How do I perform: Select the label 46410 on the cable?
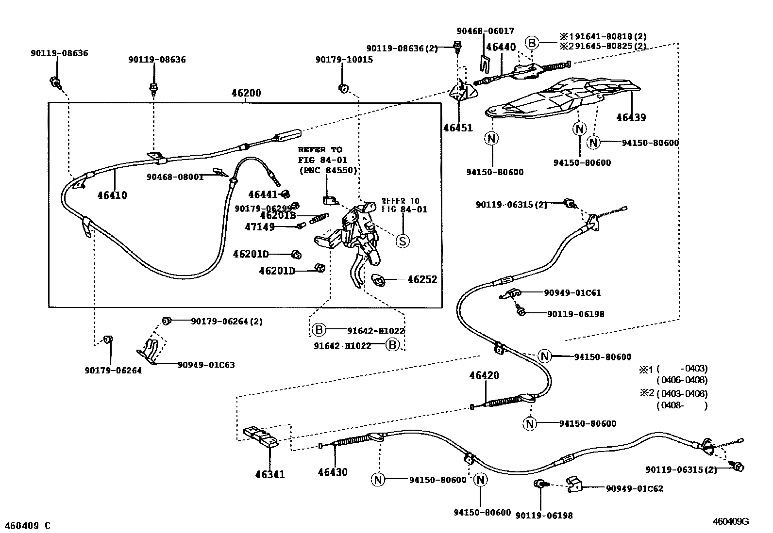[112, 195]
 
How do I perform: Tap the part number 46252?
[422, 279]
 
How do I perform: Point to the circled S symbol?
[403, 241]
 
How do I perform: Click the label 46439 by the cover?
[631, 117]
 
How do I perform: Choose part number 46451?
[457, 128]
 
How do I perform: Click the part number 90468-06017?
[485, 31]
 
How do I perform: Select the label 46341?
[270, 475]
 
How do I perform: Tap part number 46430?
[333, 472]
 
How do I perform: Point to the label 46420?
[484, 375]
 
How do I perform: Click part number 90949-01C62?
[634, 488]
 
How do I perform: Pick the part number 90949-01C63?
[206, 365]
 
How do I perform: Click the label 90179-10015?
[344, 60]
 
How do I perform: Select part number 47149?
[260, 226]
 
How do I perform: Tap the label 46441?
[263, 194]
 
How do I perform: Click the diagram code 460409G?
[731, 521]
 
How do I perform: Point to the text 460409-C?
[27, 526]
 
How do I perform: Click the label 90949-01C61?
[572, 293]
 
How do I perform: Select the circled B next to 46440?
[532, 43]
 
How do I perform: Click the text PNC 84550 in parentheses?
[328, 170]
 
